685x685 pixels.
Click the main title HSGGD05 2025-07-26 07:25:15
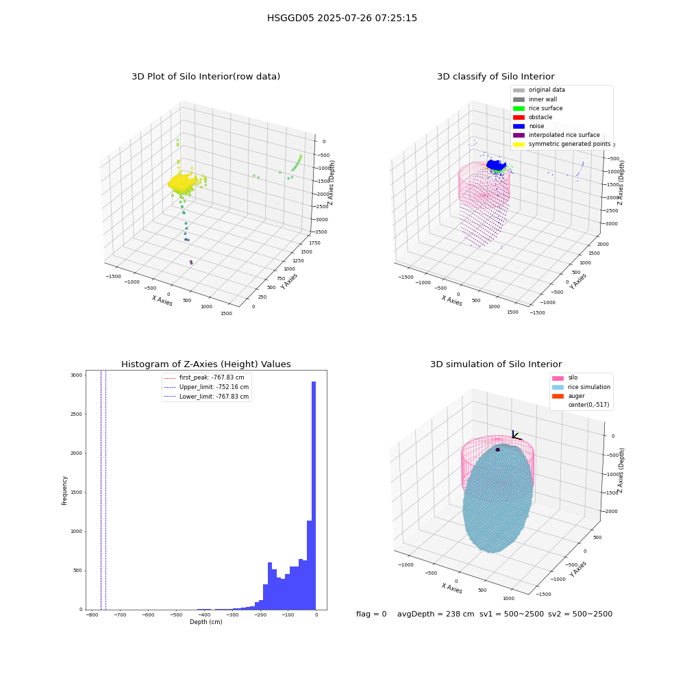342,18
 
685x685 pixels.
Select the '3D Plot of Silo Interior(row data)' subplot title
206,77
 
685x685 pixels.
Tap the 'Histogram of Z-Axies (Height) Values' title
206,364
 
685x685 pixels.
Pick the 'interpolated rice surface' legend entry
556,135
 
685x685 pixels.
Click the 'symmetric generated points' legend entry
562,144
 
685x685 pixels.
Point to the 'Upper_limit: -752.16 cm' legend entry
206,387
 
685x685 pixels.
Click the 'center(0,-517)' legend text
588,405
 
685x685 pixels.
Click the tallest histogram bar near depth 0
314,495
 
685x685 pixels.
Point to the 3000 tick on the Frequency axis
76,375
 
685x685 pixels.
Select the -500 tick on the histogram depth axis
176,614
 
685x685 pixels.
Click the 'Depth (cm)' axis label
206,622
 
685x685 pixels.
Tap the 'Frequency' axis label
64,490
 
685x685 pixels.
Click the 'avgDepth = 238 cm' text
436,614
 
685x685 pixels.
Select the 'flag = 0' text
371,614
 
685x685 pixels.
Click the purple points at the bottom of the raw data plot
191,262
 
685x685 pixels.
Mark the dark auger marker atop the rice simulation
497,449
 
